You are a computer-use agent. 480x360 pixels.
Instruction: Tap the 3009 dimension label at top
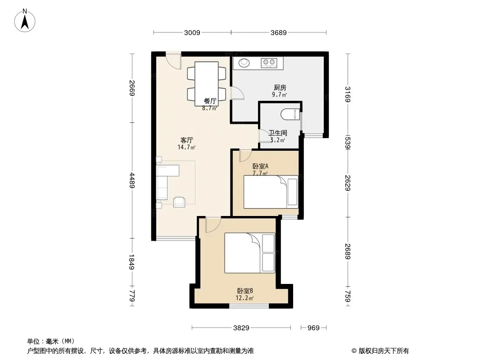pos(192,32)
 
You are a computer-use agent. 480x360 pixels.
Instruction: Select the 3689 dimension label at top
pos(278,32)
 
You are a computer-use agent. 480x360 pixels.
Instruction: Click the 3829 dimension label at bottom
pos(241,328)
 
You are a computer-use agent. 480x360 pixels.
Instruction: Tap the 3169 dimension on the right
pos(348,94)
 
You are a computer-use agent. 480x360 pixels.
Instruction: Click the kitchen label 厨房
pos(280,88)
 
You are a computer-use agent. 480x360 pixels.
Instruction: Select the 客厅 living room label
pos(187,140)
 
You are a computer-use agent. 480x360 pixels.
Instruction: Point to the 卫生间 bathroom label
pos(278,133)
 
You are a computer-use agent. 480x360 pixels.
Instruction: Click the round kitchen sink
pos(244,63)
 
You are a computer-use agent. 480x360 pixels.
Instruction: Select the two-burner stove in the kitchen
pos(270,63)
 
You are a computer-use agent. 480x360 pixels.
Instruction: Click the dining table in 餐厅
pos(207,83)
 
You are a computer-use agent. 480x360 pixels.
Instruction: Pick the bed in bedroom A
pos(271,192)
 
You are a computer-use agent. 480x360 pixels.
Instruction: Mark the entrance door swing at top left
pos(173,60)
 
